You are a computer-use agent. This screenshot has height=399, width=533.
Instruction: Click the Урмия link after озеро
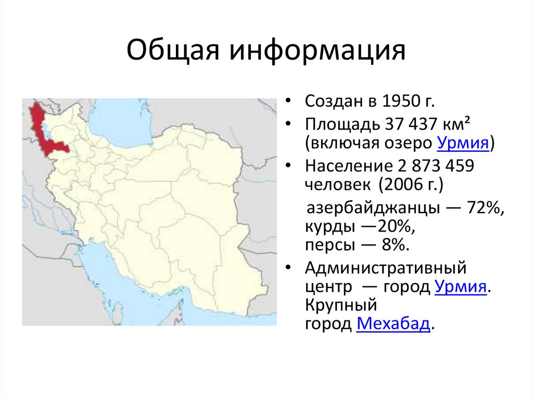464,143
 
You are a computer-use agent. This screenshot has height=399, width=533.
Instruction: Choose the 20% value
396,227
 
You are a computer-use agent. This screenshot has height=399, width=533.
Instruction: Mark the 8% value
391,245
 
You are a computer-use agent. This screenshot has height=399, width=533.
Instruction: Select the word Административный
385,269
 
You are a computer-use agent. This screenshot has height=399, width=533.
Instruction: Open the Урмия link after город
460,287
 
